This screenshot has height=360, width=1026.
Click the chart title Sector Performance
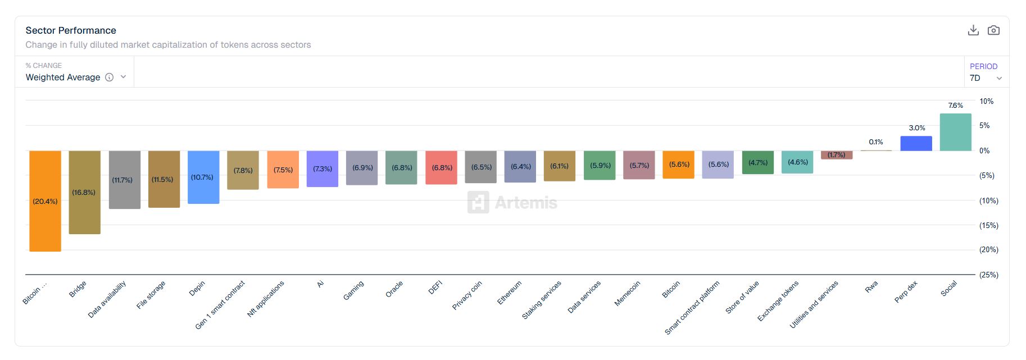[x=71, y=30]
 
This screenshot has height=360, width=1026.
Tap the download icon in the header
[x=973, y=30]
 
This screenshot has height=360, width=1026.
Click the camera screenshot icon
[x=993, y=30]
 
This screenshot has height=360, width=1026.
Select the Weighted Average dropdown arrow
[x=124, y=77]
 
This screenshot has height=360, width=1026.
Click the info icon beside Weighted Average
[x=110, y=78]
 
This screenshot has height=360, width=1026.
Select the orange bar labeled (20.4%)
[x=45, y=200]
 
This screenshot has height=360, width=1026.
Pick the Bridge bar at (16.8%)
[x=84, y=192]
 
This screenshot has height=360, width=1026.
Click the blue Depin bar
[x=203, y=177]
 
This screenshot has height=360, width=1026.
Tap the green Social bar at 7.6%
[x=955, y=132]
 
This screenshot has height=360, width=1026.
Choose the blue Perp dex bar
[x=916, y=143]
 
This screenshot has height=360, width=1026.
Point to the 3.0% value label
[x=917, y=128]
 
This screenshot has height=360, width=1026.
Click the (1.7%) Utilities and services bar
[x=837, y=155]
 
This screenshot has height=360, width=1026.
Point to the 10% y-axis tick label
[x=986, y=101]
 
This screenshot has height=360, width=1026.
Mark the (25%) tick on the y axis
[x=988, y=275]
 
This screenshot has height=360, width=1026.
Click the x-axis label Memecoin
[x=627, y=293]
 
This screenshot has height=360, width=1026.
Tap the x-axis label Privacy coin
[x=467, y=295]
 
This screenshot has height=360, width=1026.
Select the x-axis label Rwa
[x=871, y=287]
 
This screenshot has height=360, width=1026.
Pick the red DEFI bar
[x=441, y=167]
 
